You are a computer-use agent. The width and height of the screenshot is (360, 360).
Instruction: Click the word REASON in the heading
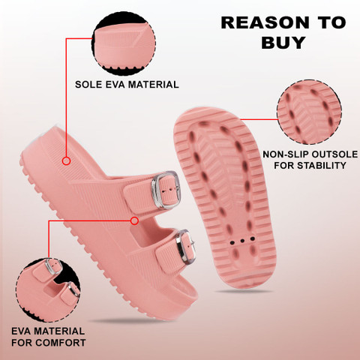265,22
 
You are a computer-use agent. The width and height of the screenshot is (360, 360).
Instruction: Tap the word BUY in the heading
283,43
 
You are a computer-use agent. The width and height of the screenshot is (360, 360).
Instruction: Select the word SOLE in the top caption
88,85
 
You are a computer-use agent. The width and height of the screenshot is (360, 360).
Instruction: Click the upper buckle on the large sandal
165,190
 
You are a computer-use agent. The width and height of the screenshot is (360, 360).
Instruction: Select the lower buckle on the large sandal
185,247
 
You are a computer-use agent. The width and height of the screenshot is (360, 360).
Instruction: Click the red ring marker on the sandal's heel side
66,161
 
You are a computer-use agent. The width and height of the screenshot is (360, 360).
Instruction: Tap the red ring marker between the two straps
134,220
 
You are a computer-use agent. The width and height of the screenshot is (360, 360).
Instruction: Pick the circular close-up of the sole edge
124,46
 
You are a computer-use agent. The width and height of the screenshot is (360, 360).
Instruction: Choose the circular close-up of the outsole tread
310,112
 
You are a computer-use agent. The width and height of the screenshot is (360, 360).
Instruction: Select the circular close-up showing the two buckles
48,290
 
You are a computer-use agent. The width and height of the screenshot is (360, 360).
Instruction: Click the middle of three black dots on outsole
242,241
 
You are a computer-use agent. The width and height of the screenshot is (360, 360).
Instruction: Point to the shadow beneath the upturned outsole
244,291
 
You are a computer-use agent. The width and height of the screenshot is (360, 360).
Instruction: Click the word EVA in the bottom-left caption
21,331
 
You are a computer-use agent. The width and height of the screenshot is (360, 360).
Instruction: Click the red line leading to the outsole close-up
259,119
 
